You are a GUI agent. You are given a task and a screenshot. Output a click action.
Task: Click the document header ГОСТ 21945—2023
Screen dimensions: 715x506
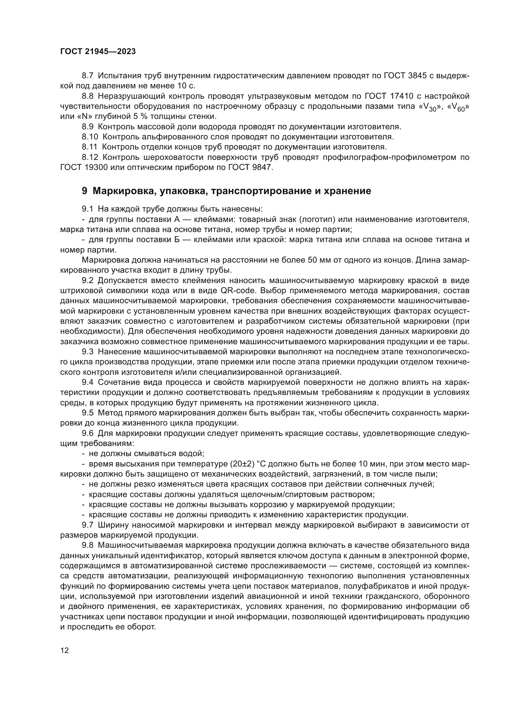(98, 52)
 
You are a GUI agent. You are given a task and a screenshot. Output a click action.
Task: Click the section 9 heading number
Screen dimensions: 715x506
(84, 191)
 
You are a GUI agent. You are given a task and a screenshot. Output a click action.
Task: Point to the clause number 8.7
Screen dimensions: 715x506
(87, 76)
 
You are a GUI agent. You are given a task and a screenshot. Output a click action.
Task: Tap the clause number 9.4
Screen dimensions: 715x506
(87, 382)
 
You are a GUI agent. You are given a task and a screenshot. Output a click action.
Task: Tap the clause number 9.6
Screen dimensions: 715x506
(87, 433)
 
